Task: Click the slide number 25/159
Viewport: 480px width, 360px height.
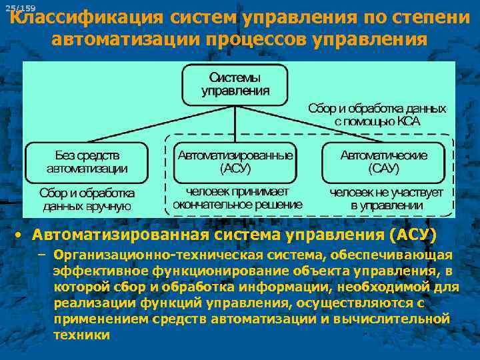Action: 20,8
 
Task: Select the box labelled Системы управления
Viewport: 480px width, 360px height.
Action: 235,84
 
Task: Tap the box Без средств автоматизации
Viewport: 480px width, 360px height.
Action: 87,163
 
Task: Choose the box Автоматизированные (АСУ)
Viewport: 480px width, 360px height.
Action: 235,162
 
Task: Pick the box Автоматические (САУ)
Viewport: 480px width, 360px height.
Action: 383,162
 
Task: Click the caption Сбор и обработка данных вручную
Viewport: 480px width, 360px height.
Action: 87,199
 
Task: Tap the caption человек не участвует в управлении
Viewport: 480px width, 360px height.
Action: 386,199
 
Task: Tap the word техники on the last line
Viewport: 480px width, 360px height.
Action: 81,335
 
